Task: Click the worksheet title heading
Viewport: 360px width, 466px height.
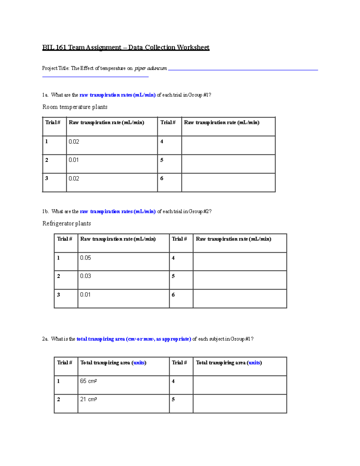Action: coord(126,47)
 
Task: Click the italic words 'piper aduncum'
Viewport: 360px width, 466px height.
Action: coord(151,68)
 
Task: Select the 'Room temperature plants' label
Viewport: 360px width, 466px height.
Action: coord(75,107)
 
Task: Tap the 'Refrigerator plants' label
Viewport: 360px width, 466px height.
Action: coord(67,223)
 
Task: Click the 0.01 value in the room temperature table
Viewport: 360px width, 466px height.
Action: coord(73,160)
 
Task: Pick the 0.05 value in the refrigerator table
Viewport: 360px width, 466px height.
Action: coord(85,258)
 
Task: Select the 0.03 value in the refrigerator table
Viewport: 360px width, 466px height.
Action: coord(85,276)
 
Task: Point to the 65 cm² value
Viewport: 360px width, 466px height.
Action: coord(88,381)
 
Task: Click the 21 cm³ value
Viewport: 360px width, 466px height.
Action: coord(88,399)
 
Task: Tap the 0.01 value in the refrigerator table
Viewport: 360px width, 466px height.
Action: coord(85,295)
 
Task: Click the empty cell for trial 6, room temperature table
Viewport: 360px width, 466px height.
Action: coord(228,182)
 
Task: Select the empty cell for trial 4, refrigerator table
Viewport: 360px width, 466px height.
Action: coord(240,261)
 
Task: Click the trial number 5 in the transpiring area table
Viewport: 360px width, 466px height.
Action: coord(173,399)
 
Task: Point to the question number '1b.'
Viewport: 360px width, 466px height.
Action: coord(45,212)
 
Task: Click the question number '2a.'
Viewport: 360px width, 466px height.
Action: coord(45,339)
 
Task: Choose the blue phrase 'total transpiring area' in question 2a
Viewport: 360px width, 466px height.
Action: coord(100,339)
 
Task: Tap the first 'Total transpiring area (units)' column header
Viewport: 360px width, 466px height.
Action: coord(113,363)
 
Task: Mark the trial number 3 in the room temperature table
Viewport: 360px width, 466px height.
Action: coord(46,178)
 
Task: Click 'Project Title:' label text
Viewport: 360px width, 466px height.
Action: coord(56,68)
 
